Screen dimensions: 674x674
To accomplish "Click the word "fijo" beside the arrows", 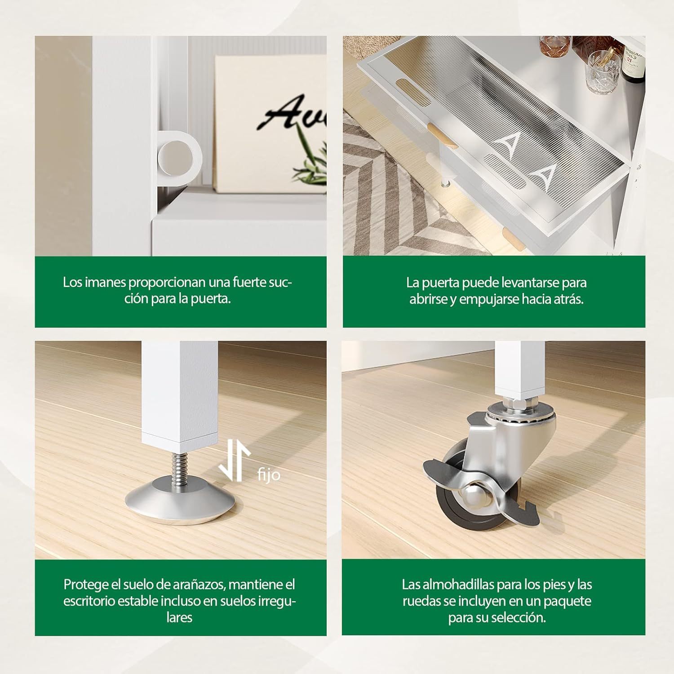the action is [x=269, y=475].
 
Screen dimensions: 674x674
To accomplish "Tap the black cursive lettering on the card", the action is [x=292, y=111].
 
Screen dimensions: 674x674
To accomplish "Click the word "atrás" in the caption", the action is [x=569, y=299].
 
